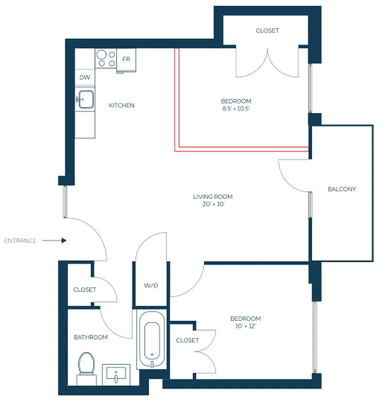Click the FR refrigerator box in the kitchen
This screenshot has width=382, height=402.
tap(126, 59)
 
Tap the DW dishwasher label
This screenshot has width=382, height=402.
tap(84, 77)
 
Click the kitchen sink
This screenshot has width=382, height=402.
tap(85, 99)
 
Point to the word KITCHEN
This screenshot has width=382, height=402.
tap(122, 106)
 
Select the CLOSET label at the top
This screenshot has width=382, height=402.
tap(267, 31)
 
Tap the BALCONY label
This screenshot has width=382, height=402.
tap(342, 189)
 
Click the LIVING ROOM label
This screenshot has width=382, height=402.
tap(213, 197)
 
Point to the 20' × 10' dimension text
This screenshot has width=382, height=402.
tap(213, 205)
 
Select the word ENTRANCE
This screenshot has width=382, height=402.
tap(20, 241)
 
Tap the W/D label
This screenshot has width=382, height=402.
tap(151, 286)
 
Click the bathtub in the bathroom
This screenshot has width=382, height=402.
tap(151, 339)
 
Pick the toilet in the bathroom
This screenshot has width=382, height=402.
tap(87, 365)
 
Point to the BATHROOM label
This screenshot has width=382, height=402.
tap(91, 337)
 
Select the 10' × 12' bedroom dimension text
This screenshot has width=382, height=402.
tap(245, 327)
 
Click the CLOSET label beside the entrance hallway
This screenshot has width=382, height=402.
tap(84, 290)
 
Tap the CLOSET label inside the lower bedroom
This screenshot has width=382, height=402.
tap(187, 340)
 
